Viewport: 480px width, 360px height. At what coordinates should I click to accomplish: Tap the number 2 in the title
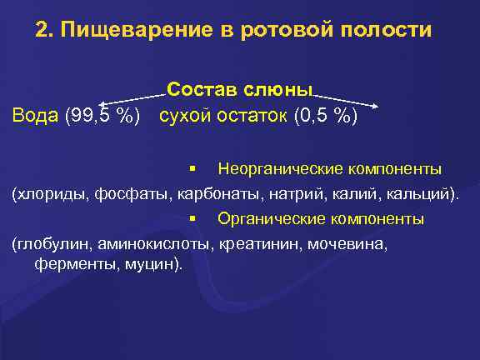[42, 32]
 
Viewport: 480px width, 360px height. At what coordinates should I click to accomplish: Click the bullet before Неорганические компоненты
[192, 169]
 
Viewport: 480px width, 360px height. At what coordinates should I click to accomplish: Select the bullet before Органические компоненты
[192, 219]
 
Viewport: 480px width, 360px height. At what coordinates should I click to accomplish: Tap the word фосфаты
[137, 195]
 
